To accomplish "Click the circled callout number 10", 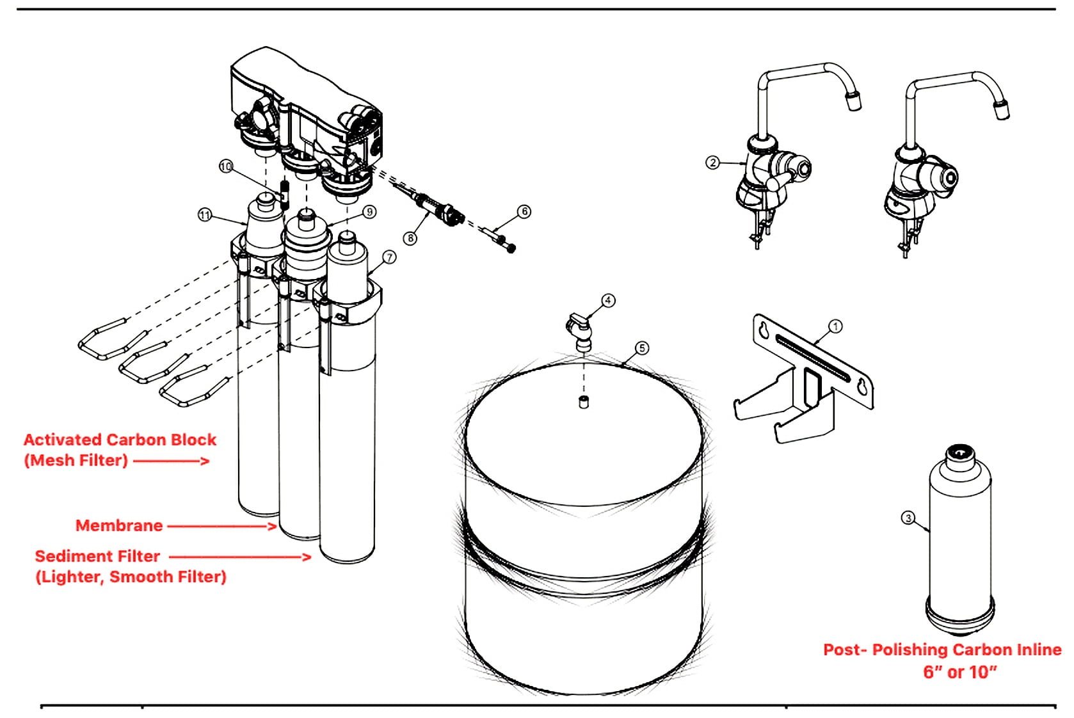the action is [x=226, y=166].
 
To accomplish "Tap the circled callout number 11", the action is [x=205, y=215].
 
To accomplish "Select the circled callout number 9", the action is [x=369, y=212].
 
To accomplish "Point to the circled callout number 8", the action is [x=410, y=238].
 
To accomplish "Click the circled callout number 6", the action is [x=524, y=211].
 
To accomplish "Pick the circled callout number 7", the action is [x=389, y=257].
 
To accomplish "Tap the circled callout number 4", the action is [x=608, y=301].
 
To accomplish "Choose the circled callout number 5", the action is [x=642, y=348].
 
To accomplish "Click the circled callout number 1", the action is [x=835, y=326].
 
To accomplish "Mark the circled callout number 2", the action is [x=712, y=163].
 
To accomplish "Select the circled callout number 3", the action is [x=908, y=518].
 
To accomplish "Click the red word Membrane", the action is [x=119, y=525].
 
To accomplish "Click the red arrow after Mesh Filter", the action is [x=171, y=461].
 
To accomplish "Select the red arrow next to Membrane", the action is [x=222, y=526].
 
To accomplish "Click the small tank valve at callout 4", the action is [x=580, y=331].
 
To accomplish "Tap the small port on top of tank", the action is [x=584, y=402].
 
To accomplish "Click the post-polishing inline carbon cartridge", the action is [x=960, y=540].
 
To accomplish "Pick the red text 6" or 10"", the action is [x=960, y=671].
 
